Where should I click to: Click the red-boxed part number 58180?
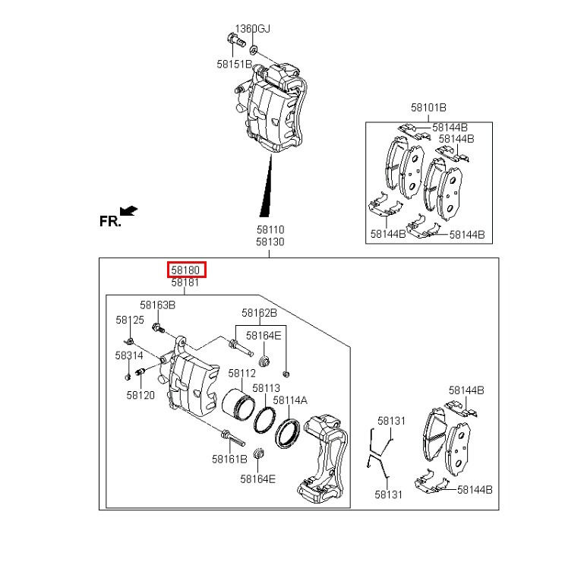[x=185, y=270]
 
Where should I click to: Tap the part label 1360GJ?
[x=253, y=29]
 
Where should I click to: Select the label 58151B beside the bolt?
[x=234, y=64]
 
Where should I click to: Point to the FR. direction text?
[x=110, y=221]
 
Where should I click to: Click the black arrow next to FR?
[x=129, y=211]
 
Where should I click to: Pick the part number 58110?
[x=270, y=229]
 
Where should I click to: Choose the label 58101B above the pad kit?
[x=428, y=108]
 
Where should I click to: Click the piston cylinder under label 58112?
[x=238, y=405]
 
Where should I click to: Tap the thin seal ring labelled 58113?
[x=265, y=421]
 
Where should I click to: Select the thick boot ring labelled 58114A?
[x=288, y=433]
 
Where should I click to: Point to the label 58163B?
[x=157, y=305]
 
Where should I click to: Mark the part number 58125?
[x=130, y=320]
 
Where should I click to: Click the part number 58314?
[x=129, y=355]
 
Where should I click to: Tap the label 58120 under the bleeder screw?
[x=140, y=395]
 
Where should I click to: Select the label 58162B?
[x=259, y=313]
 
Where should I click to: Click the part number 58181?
[x=185, y=283]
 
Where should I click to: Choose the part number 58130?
[x=270, y=242]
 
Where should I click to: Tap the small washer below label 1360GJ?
[x=254, y=49]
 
